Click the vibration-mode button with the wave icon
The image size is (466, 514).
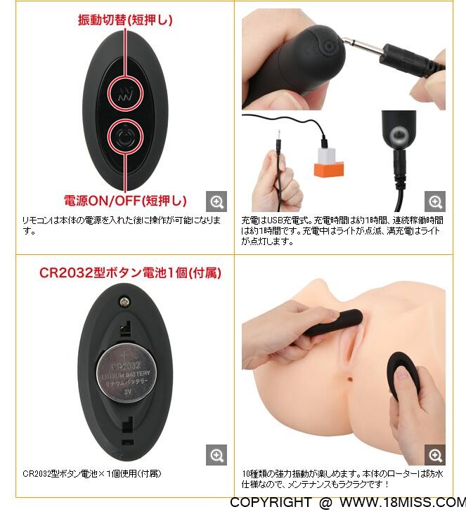coord(125,93)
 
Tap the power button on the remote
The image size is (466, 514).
coord(125,137)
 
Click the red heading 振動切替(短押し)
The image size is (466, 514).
coord(125,20)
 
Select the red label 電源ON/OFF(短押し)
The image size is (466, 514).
coord(125,200)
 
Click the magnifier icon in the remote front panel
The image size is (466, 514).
coord(216,202)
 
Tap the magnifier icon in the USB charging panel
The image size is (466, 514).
coord(435,202)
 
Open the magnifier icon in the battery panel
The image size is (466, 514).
coord(216,455)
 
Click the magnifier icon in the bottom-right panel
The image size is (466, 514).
coord(435,455)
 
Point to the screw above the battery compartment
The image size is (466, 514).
coord(124,302)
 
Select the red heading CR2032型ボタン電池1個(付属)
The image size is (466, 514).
coord(130,272)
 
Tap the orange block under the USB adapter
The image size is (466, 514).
coord(329,169)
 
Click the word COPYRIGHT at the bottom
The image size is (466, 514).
coord(270,502)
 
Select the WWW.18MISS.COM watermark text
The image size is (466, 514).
coord(402,502)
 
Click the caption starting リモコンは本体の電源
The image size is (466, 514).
coord(122,225)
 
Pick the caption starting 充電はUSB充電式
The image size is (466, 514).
coord(342,230)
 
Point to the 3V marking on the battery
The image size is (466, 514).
coord(128,391)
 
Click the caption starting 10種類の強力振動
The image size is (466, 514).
coord(342,479)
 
